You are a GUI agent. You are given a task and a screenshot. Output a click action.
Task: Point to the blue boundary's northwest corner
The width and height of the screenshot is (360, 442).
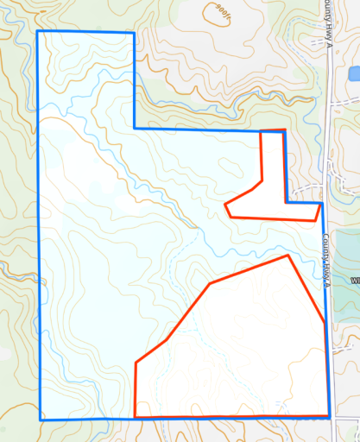click(37, 32)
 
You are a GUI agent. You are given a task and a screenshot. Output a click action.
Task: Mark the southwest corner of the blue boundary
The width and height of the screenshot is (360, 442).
click(40, 420)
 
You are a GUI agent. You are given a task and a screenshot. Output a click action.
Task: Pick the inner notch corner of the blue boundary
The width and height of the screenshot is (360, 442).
click(135, 129)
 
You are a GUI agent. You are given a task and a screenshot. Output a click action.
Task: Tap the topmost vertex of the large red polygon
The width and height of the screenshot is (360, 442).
click(287, 256)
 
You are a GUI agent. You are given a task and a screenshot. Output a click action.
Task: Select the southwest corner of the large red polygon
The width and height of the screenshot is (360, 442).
click(135, 418)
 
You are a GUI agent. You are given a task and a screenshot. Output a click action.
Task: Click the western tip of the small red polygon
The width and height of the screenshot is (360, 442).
click(224, 205)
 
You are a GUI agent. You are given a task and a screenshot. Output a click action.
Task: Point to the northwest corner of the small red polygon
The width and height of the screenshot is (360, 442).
click(261, 132)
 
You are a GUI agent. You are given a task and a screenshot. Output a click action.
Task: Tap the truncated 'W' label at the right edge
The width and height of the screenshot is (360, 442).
click(355, 281)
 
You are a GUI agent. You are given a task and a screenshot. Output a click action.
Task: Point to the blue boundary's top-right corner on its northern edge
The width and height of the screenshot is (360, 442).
click(136, 33)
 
